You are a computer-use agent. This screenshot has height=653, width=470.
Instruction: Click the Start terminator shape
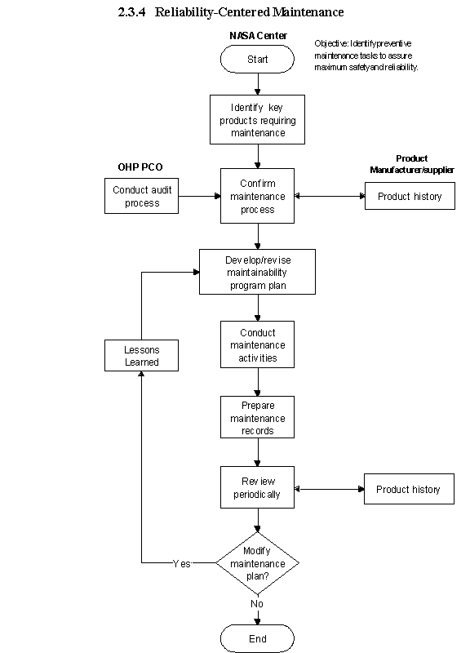257,59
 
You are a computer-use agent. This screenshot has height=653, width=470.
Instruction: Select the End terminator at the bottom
257,638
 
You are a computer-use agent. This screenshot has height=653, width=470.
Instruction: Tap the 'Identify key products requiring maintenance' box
257,119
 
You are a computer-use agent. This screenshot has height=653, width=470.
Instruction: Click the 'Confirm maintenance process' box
257,196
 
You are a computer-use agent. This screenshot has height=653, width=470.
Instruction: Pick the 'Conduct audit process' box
141,196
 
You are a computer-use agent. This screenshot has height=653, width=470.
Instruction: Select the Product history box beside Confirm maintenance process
410,196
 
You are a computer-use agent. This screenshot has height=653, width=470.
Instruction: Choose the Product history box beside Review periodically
410,489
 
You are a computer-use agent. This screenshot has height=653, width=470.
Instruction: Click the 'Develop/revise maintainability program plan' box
257,272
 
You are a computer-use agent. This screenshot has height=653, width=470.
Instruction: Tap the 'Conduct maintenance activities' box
257,344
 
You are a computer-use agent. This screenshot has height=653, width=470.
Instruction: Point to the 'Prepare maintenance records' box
257,417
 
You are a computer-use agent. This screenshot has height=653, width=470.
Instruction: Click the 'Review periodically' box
257,487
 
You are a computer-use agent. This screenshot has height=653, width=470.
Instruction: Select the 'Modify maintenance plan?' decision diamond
257,563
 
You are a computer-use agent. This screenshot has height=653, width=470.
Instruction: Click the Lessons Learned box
141,355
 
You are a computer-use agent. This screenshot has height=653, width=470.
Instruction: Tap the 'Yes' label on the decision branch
181,563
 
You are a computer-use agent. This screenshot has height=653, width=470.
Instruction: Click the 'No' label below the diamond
257,603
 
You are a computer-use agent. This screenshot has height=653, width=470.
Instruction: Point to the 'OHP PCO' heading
140,167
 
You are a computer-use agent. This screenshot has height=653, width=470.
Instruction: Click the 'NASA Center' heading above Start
258,36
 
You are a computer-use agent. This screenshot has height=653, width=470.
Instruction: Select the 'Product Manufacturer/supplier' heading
412,164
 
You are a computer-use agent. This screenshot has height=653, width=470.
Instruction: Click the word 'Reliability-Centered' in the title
212,12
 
